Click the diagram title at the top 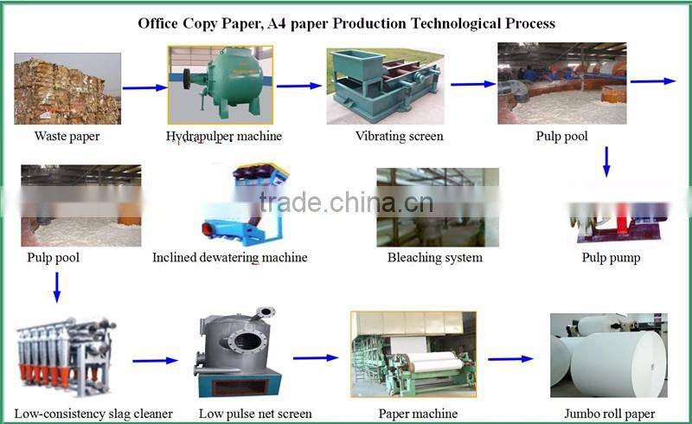pos(346,23)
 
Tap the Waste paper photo pos(67,88)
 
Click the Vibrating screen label pos(399,136)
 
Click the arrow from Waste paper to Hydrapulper pos(144,87)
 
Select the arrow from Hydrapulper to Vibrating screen pos(298,86)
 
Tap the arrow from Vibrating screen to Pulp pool pos(472,84)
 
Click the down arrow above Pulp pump pos(606,161)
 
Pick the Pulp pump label pos(612,258)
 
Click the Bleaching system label pos(434,257)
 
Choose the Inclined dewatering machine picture pos(239,205)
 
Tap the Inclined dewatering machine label pos(229,257)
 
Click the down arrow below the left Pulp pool pos(57,287)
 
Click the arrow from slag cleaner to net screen pos(155,360)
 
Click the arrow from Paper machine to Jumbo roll pos(510,358)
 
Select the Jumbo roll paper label pos(609,414)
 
